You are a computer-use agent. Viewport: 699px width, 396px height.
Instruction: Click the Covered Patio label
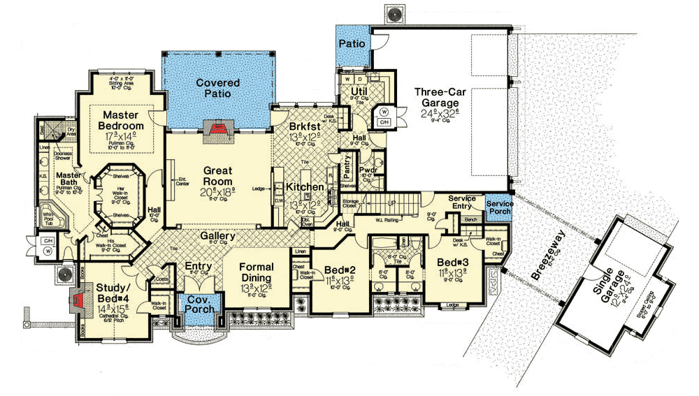[x=217, y=88]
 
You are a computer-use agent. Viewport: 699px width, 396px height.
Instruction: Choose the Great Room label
[x=217, y=175]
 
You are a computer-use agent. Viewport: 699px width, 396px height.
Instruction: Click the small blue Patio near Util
[x=352, y=44]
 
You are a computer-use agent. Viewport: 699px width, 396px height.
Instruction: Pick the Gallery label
[x=217, y=237]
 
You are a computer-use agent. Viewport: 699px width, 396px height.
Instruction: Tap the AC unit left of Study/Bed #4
[x=63, y=274]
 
